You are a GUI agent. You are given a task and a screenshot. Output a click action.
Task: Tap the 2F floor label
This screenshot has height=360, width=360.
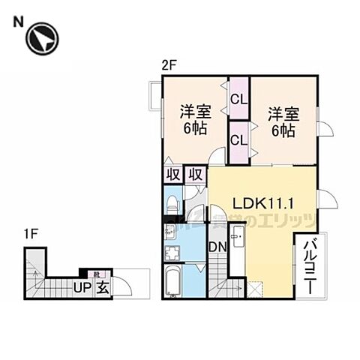(168, 65)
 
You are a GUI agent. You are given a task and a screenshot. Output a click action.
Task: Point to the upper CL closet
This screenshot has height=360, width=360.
(239, 99)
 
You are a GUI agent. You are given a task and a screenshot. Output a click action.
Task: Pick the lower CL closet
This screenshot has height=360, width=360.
(239, 139)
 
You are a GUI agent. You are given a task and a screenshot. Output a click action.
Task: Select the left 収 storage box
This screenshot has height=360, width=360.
(172, 175)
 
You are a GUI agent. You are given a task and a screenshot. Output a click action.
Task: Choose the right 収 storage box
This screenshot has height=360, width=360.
(196, 175)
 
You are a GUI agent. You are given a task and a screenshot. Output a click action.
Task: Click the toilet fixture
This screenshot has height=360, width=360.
(172, 203)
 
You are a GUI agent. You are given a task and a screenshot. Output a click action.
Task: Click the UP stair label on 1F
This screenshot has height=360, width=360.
(81, 286)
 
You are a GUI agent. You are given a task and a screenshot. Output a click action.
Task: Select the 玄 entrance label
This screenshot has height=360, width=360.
(100, 286)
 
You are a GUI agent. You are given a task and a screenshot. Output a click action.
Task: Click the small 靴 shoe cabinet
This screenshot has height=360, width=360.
(96, 274)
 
